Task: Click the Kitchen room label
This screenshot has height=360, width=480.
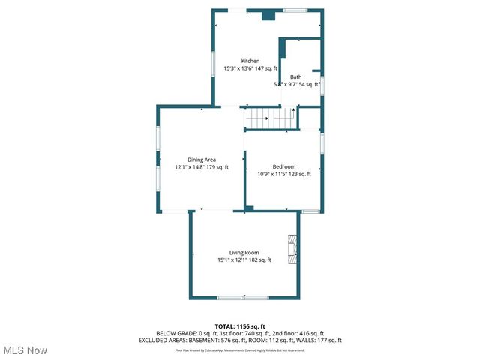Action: tap(250, 61)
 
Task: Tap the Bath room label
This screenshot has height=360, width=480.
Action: tap(296, 76)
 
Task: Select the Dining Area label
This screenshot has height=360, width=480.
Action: tap(202, 160)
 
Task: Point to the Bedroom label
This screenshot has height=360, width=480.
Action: tap(284, 166)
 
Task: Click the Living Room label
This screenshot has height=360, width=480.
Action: tap(244, 253)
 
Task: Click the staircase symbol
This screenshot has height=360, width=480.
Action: tap(270, 118)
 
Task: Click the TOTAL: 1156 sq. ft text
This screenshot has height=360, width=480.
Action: tap(240, 326)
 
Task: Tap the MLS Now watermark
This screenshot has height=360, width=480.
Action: tap(25, 350)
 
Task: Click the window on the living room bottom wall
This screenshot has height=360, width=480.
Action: tap(232, 298)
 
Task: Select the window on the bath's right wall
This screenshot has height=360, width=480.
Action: tap(322, 83)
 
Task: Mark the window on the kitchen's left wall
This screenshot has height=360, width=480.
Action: tap(212, 63)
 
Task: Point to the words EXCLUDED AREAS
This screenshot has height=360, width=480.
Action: tap(161, 340)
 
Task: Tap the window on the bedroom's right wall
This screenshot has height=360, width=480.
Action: tap(322, 142)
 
